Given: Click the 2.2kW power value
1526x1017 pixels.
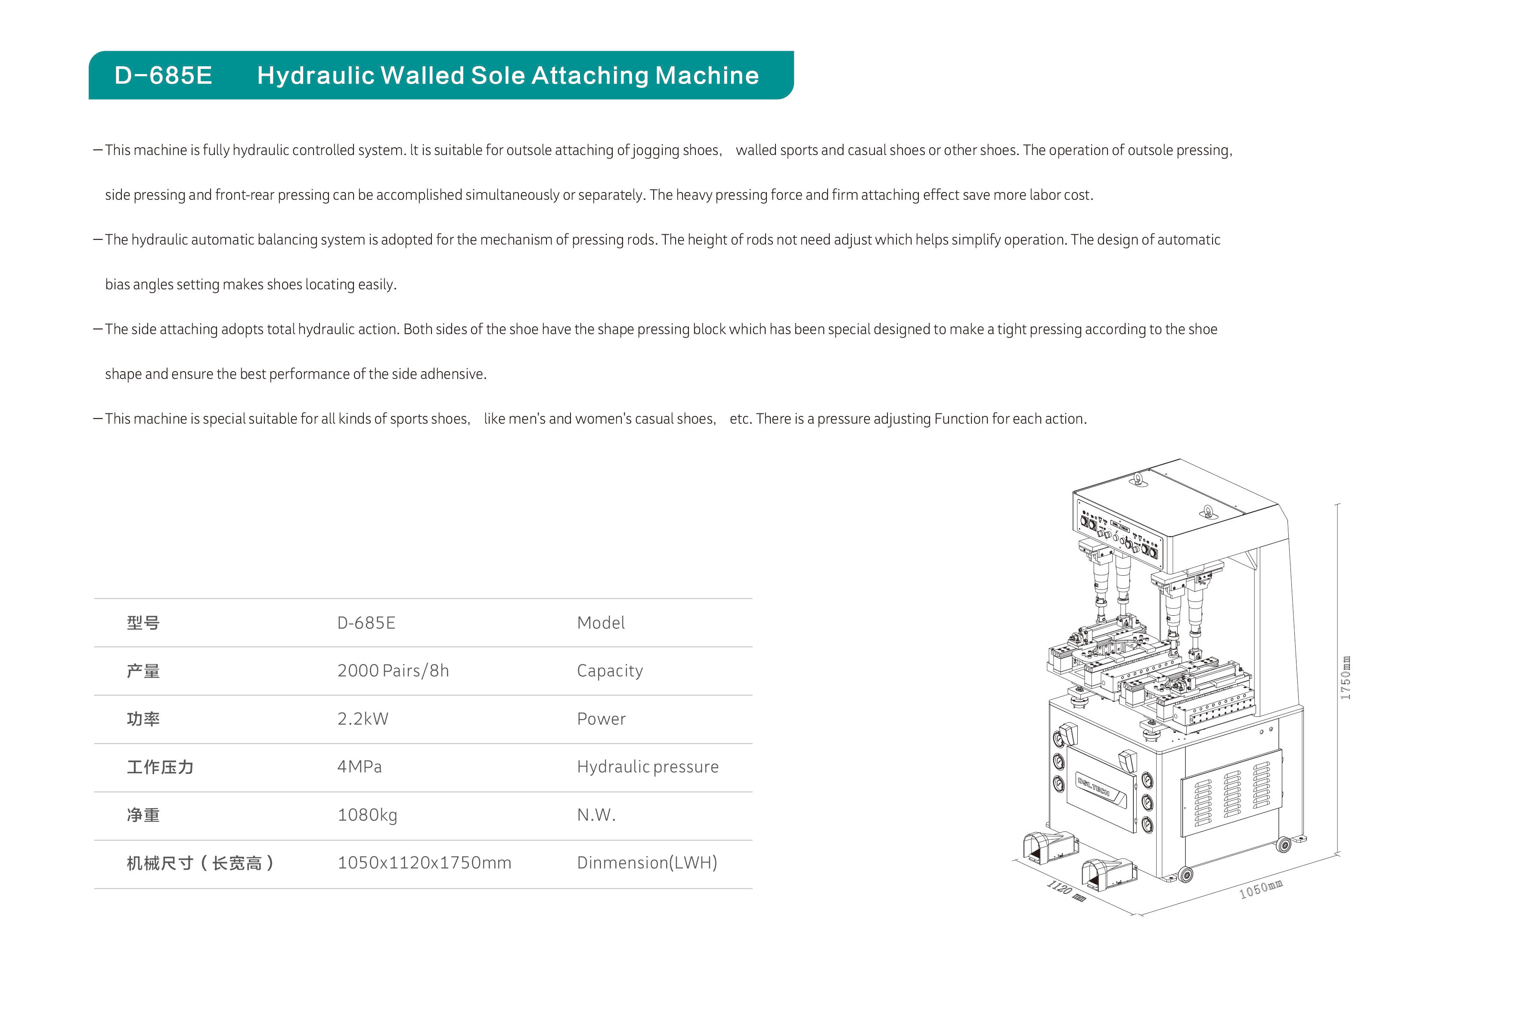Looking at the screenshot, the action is point(363,719).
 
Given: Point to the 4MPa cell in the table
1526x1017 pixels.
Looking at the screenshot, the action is point(359,767).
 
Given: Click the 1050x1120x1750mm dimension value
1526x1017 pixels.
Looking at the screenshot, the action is point(424,862).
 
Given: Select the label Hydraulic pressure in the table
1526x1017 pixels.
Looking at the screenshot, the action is point(647,767).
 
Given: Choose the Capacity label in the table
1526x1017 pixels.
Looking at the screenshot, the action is point(610,671).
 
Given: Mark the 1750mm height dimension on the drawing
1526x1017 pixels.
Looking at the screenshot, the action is point(1346,678).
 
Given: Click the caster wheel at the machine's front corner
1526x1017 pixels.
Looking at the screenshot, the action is point(1185,875).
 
